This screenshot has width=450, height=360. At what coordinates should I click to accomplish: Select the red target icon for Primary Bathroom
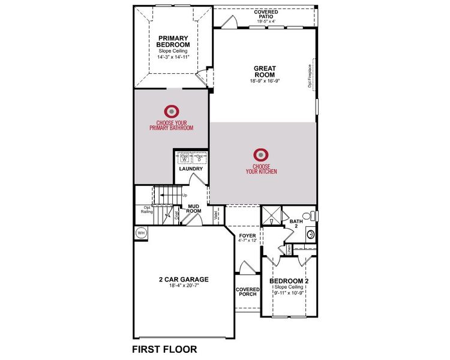[x=172, y=111]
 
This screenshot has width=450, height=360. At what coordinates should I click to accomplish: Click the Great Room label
[x=264, y=71]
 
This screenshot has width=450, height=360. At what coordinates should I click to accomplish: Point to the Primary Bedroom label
[x=173, y=41]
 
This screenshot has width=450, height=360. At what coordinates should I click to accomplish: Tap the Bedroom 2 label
[x=289, y=281]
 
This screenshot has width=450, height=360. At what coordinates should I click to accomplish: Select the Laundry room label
[x=191, y=169]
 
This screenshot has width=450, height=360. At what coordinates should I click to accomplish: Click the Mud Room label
[x=193, y=209]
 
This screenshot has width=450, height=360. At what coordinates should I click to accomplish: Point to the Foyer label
[x=247, y=236]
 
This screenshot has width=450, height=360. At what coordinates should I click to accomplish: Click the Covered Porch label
[x=247, y=292]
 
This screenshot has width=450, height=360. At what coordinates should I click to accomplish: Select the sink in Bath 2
[x=310, y=235]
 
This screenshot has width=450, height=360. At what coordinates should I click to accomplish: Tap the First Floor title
[x=163, y=349]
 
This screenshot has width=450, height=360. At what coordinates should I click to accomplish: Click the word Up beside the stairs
[x=184, y=196]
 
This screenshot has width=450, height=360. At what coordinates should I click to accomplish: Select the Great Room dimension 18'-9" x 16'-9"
[x=264, y=81]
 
